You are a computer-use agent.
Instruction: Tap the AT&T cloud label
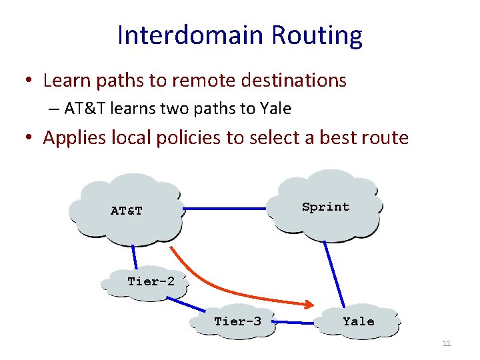coord(127,211)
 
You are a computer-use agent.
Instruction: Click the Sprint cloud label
coord(325,207)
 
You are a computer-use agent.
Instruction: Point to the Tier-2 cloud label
coord(151,281)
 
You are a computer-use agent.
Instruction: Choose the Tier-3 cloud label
coord(237,321)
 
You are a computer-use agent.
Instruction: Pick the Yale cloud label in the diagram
coord(359,321)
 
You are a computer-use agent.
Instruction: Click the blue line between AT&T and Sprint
coord(225,209)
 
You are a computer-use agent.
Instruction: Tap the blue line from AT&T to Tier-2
coord(137,257)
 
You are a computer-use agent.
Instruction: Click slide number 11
coord(447,343)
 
